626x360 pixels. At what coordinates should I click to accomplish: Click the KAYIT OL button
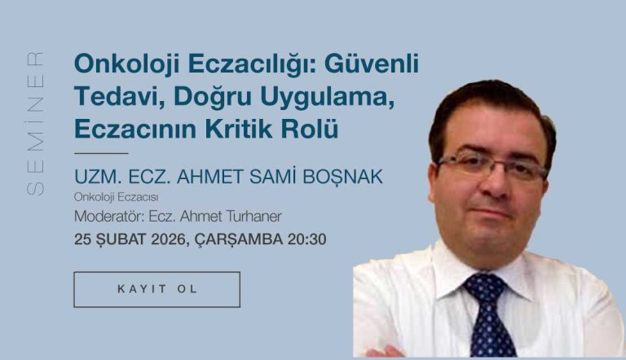(156, 289)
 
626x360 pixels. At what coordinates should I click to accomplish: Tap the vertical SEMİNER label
(36, 124)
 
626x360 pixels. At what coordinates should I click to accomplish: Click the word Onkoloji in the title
(127, 64)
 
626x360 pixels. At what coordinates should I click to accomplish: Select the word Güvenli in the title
(372, 63)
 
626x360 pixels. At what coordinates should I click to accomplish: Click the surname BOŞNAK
(342, 177)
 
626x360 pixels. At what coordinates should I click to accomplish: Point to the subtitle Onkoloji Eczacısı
(117, 197)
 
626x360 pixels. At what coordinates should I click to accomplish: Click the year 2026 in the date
(169, 239)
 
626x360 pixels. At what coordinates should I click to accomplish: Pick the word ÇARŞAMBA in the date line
(239, 239)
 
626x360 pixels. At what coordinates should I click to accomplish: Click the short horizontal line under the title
(101, 153)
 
